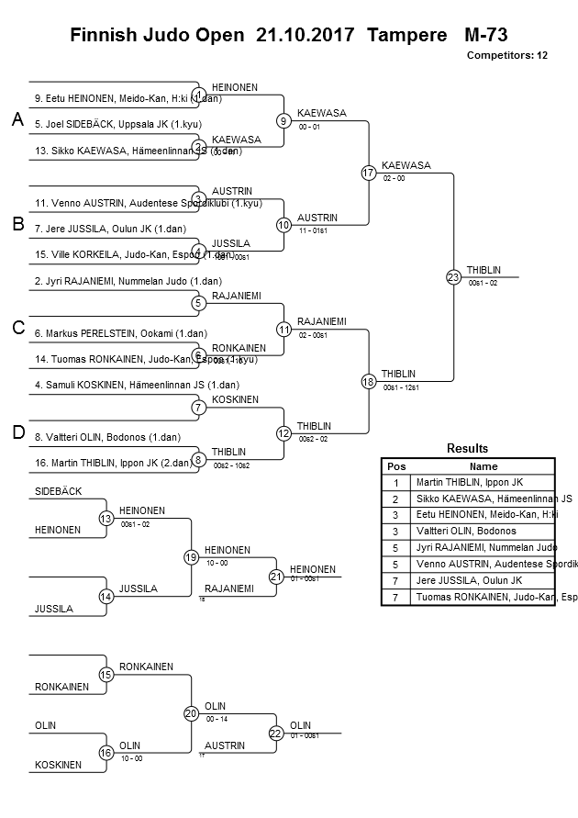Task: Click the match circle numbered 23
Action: pos(453,276)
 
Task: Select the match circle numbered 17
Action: pos(369,173)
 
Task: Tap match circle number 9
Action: pos(284,120)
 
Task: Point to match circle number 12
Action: pos(284,432)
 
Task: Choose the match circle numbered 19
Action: pos(191,556)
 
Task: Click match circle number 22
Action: pos(276,733)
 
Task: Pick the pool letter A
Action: pos(17,120)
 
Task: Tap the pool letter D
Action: pos(17,432)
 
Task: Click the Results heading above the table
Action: pos(467,449)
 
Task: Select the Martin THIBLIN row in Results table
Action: pos(484,482)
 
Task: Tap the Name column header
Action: pos(484,466)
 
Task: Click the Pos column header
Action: pos(395,466)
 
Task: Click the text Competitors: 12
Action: pos(506,56)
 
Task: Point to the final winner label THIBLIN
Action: pos(483,270)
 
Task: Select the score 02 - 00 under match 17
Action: pos(395,179)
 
